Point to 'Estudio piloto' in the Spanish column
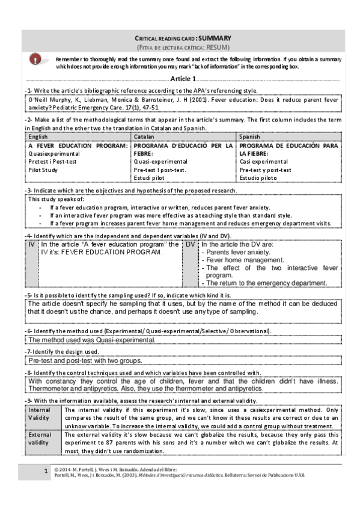click(x=258, y=178)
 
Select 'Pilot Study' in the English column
click(x=44, y=170)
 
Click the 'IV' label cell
click(x=31, y=245)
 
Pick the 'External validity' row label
click(x=40, y=438)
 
